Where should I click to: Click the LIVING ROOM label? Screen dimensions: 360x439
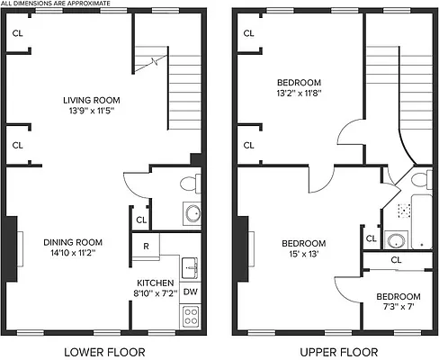pos(91,100)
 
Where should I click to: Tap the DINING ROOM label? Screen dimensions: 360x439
pos(73,242)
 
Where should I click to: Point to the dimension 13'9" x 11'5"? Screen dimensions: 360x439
pos(91,112)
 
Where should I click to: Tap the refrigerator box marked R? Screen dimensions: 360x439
pos(146,246)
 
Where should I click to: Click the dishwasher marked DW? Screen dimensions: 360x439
pos(190,292)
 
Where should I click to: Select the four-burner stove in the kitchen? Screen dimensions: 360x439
pos(190,315)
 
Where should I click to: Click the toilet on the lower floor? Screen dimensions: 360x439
pos(189,184)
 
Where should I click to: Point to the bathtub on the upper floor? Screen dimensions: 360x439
pos(422,221)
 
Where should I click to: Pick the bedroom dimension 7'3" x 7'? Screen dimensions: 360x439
pos(397,309)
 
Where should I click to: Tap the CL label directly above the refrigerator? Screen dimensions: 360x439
pos(141,220)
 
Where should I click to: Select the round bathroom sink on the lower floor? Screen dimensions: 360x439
pos(191,215)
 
